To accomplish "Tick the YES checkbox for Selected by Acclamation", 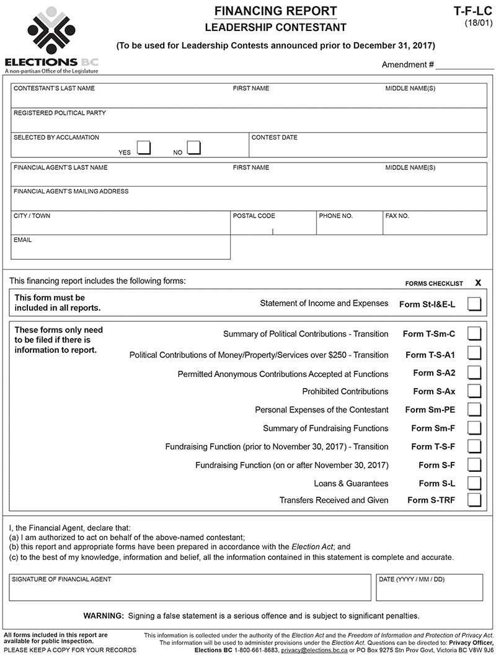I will coord(144,148).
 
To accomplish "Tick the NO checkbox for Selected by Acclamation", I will coord(194,148).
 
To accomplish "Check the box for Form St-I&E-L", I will coord(474,304).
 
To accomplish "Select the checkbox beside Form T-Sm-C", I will coord(474,334).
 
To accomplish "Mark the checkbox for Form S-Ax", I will coord(474,391).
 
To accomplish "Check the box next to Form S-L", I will coord(474,483).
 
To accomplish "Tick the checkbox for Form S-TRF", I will coord(474,500).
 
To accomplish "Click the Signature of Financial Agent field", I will coord(190,591).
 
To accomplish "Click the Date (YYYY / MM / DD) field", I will coord(429,591).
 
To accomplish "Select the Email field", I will coord(121,250).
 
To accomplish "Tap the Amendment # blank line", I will coord(465,65).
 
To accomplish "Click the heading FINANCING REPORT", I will coord(275,11).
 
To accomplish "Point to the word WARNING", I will coord(104,616).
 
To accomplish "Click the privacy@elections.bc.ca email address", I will coord(314,650).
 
